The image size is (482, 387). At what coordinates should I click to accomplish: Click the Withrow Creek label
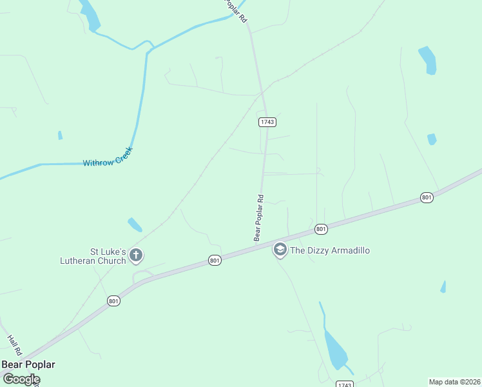tap(108, 157)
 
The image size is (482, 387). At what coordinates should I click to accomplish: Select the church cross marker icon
tap(135, 255)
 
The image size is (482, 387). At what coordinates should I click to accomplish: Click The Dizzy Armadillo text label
tap(330, 250)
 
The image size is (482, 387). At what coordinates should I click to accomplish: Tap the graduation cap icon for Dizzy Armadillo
tap(280, 249)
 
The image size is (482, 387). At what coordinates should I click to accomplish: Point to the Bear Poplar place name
tap(28, 364)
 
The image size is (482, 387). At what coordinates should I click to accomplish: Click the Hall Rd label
tap(15, 345)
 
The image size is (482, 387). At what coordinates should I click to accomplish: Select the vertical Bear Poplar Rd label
tap(258, 218)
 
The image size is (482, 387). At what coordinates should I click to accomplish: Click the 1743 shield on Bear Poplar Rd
tap(267, 122)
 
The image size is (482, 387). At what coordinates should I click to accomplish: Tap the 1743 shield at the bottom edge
tap(345, 384)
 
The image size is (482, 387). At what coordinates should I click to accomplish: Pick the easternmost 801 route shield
tap(427, 197)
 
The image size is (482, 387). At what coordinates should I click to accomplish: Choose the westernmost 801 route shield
tap(113, 301)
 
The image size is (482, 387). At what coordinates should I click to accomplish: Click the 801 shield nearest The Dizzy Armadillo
tap(321, 229)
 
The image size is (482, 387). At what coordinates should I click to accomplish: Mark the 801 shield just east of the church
tap(215, 260)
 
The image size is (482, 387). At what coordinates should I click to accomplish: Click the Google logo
tap(21, 379)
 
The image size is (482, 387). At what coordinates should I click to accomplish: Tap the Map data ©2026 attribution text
tap(454, 381)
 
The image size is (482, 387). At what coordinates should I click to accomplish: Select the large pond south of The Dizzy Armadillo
tap(335, 349)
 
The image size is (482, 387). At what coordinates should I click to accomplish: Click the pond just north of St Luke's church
tap(135, 224)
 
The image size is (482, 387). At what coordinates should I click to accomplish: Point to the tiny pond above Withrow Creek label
tap(60, 135)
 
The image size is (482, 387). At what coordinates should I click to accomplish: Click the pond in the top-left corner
tap(90, 15)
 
